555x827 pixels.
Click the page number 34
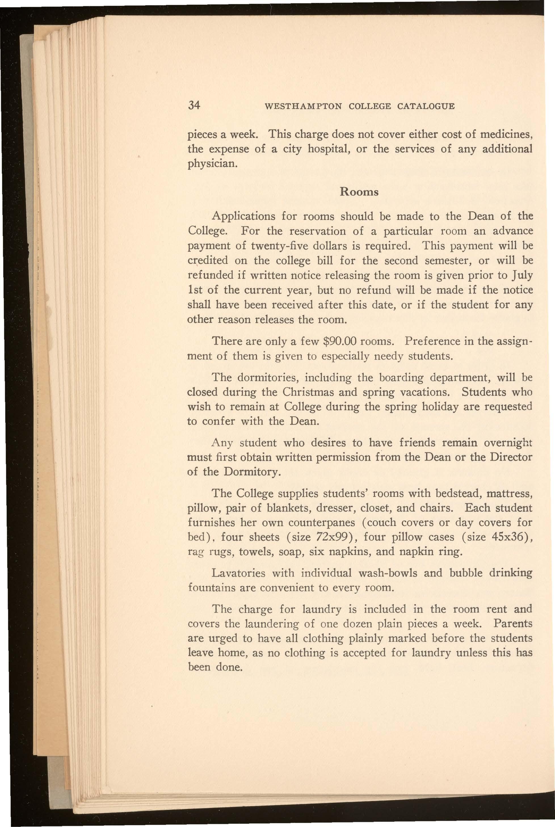[194, 106]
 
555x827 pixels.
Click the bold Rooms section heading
[359, 192]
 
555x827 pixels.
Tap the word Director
[511, 457]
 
